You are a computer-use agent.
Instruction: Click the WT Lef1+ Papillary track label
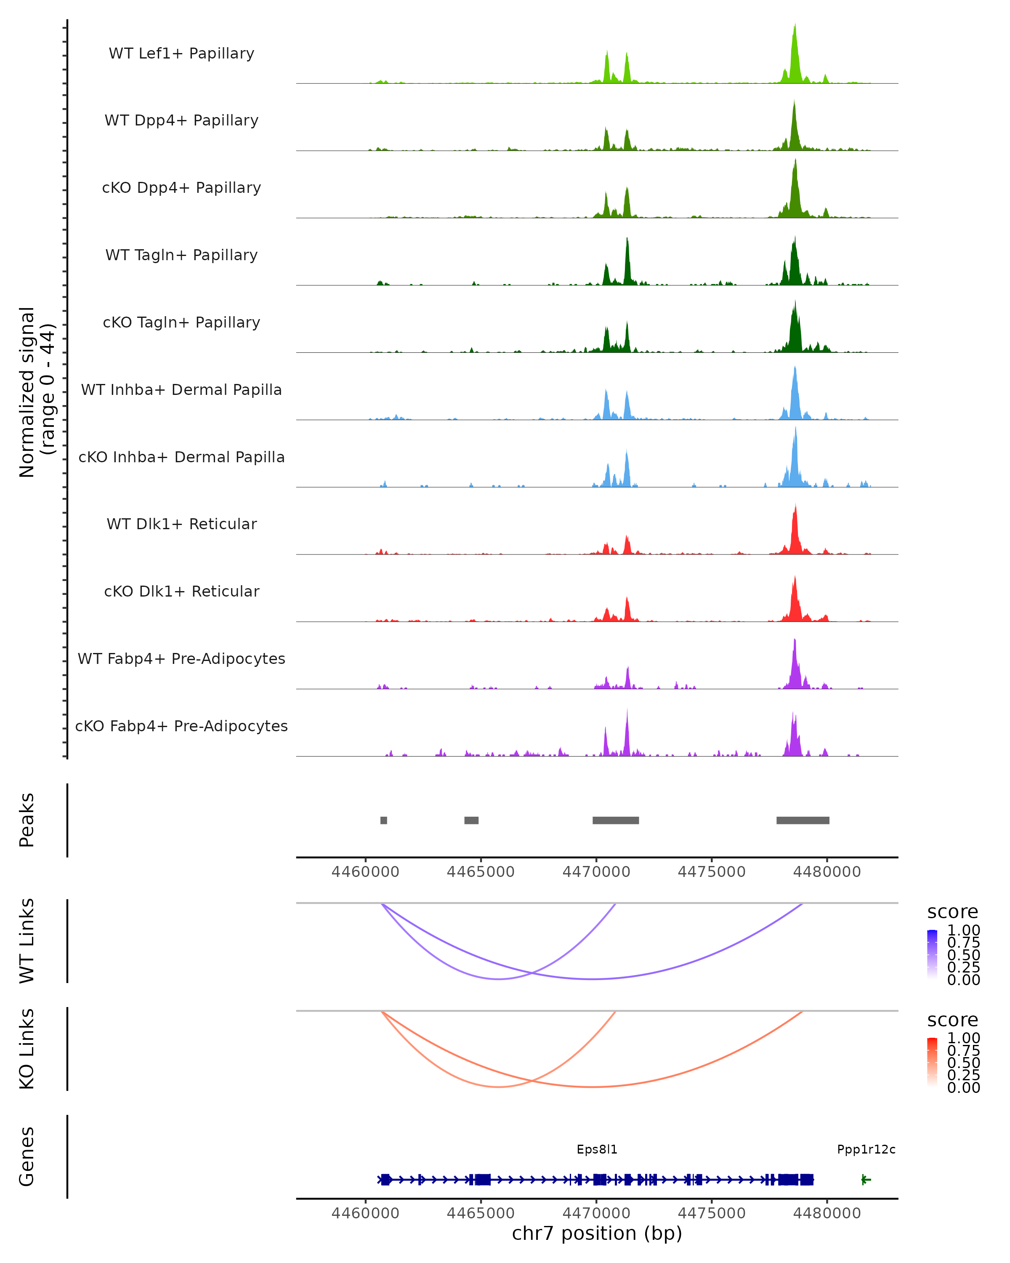(x=181, y=53)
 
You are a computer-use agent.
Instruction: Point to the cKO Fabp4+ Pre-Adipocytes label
(x=181, y=726)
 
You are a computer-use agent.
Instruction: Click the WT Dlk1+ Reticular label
(x=181, y=524)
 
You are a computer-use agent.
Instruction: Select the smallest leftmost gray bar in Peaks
(x=383, y=820)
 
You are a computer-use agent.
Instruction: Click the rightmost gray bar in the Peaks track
(x=803, y=820)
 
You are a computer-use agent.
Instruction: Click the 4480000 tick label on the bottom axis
(x=827, y=1213)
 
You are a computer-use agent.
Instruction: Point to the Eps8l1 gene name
(x=597, y=1149)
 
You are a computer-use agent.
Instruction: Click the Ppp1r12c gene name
(x=866, y=1149)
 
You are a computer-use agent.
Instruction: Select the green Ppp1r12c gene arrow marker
(x=866, y=1180)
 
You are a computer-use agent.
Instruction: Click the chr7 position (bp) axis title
(x=597, y=1233)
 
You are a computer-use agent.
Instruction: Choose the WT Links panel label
(x=27, y=941)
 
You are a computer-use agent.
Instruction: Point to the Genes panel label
(x=27, y=1156)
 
